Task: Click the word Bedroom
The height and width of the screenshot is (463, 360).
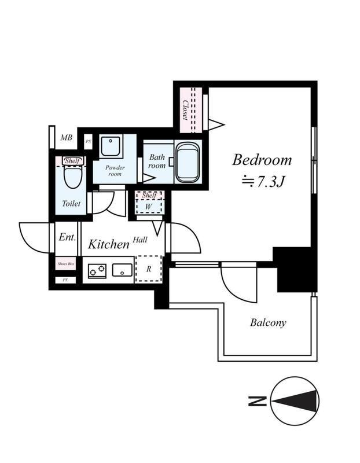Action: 262,160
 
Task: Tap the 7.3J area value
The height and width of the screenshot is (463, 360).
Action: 270,181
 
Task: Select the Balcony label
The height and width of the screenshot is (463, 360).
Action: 268,322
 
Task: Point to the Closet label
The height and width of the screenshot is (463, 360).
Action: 185,110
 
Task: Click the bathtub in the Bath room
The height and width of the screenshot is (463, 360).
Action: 187,162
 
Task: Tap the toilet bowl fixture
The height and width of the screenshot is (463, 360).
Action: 73,177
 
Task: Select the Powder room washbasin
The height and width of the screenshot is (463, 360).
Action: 111,146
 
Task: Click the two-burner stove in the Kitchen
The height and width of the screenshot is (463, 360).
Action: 97,271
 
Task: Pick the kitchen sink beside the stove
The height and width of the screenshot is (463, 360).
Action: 123,270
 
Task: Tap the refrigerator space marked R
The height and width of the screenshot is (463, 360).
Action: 149,269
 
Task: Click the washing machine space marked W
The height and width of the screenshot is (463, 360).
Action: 149,207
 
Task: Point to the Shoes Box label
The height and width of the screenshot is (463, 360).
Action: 65,264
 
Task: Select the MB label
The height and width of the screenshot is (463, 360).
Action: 67,138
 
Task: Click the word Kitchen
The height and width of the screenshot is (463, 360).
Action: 109,244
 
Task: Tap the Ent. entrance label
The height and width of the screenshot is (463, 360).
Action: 67,237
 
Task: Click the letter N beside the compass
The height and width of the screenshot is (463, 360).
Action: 258,401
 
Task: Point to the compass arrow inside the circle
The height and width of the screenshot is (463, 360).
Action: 295,401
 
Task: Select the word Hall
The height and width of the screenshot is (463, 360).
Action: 140,240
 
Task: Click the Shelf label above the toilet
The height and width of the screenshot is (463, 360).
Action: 72,161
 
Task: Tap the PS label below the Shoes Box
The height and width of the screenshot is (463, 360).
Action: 65,280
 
